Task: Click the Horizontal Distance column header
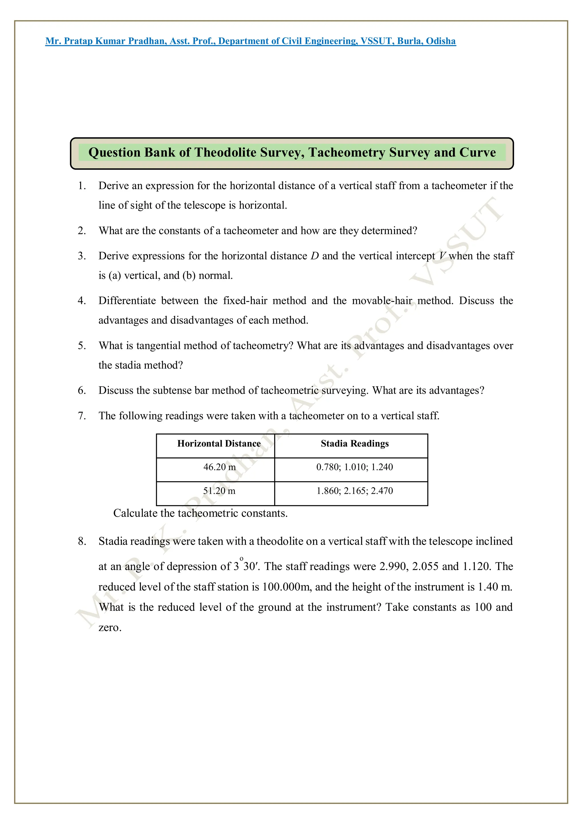point(219,444)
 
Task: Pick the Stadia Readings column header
point(354,444)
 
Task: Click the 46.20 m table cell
point(219,467)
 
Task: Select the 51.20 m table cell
point(219,491)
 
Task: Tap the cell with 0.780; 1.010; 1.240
point(354,467)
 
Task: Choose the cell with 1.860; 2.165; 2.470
point(354,491)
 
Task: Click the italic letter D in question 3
point(315,256)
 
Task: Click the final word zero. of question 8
point(110,628)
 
